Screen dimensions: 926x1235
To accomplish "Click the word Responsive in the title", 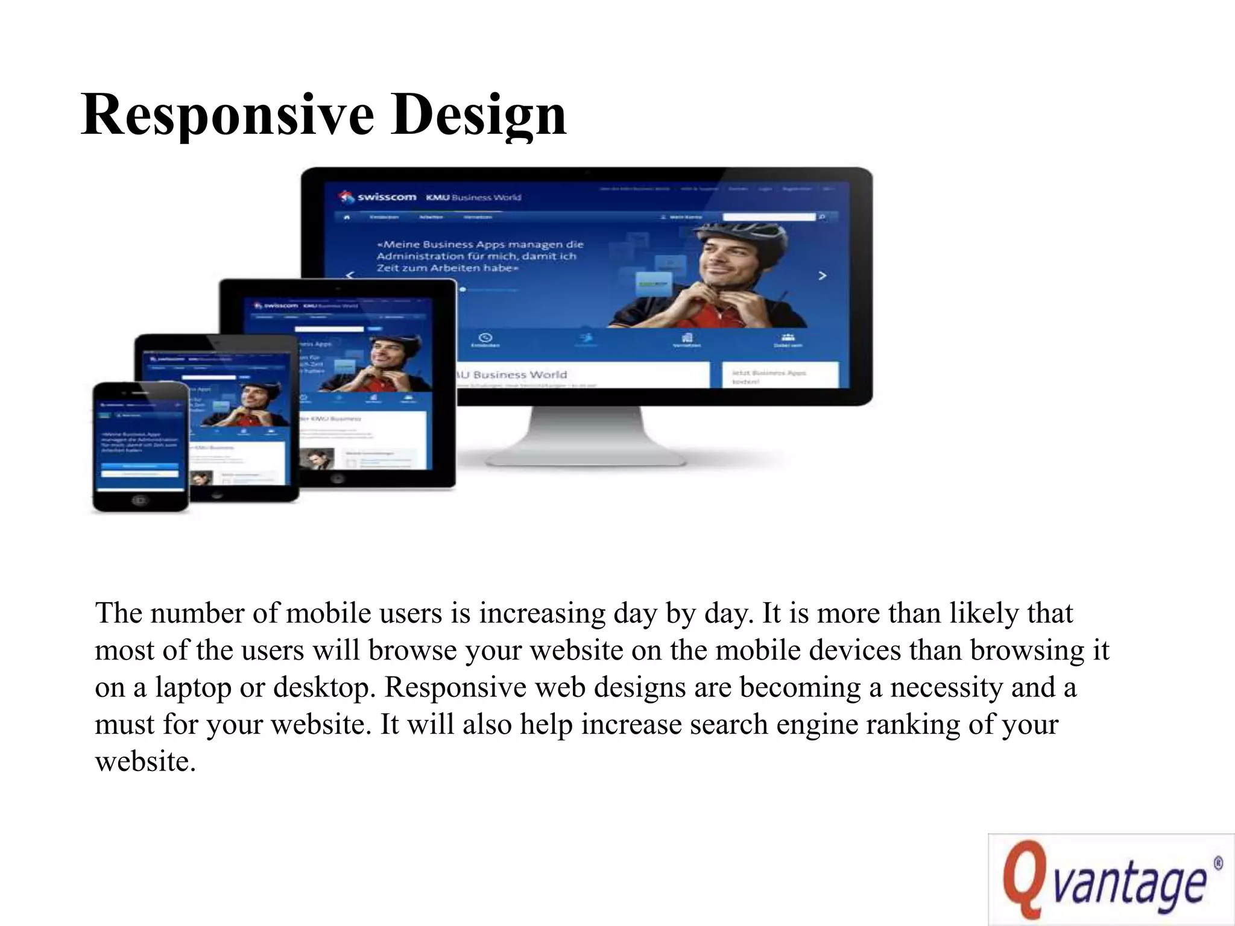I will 227,115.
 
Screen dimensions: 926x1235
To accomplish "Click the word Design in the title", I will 479,115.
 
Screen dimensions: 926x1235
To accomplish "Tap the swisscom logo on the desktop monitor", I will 378,197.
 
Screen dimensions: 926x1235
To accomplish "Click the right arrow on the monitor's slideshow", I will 822,276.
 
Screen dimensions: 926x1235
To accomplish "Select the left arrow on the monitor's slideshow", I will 350,276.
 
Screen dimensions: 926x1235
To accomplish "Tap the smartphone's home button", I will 140,500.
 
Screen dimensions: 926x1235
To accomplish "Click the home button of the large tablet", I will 337,479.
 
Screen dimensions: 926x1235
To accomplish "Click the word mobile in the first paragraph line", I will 329,613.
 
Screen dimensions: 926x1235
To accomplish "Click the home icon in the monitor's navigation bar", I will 346,217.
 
